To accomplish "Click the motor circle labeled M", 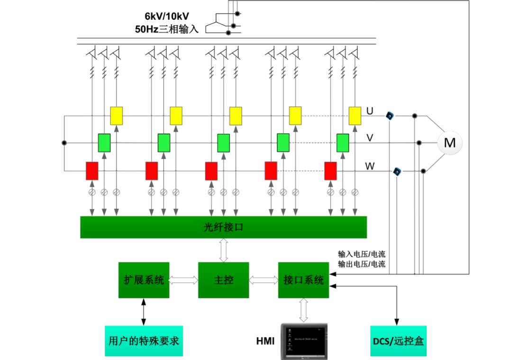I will pyautogui.click(x=449, y=142).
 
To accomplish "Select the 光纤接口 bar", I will pyautogui.click(x=224, y=227).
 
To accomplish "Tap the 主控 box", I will pyautogui.click(x=223, y=279).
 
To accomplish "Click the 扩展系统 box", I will pyautogui.click(x=144, y=279).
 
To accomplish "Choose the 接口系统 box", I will pyautogui.click(x=303, y=279).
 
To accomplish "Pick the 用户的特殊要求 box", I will pyautogui.click(x=144, y=341).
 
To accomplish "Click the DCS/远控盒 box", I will pyautogui.click(x=398, y=341).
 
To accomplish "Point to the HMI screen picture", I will pyautogui.click(x=304, y=341).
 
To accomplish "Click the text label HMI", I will pyautogui.click(x=265, y=341).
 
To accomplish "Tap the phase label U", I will pyautogui.click(x=370, y=111).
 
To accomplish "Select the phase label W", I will pyautogui.click(x=371, y=166).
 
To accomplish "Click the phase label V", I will pyautogui.click(x=370, y=138).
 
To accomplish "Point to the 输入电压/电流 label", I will pyautogui.click(x=361, y=254).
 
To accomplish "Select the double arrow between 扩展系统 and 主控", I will pyautogui.click(x=183, y=280).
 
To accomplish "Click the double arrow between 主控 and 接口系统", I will pyautogui.click(x=263, y=280).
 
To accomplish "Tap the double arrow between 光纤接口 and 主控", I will pyautogui.click(x=223, y=250).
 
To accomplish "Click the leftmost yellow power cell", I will pyautogui.click(x=117, y=115).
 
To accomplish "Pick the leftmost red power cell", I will pyautogui.click(x=92, y=171).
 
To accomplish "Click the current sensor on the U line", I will pyautogui.click(x=390, y=116).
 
